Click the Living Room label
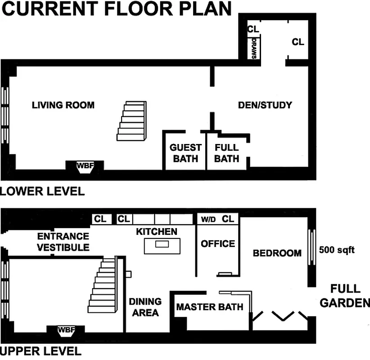(x=63, y=105)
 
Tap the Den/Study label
(x=265, y=105)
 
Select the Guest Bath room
(x=185, y=153)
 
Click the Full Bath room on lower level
(x=226, y=153)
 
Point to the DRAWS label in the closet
(x=254, y=49)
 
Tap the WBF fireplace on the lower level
(x=85, y=166)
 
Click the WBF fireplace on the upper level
(x=66, y=330)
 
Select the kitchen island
(x=162, y=244)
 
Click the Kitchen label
(x=156, y=232)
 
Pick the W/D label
(x=208, y=220)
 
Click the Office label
(x=218, y=244)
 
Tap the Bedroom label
(x=277, y=253)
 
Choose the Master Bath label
(x=209, y=307)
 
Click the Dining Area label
(x=145, y=307)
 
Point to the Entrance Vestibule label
(x=63, y=242)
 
